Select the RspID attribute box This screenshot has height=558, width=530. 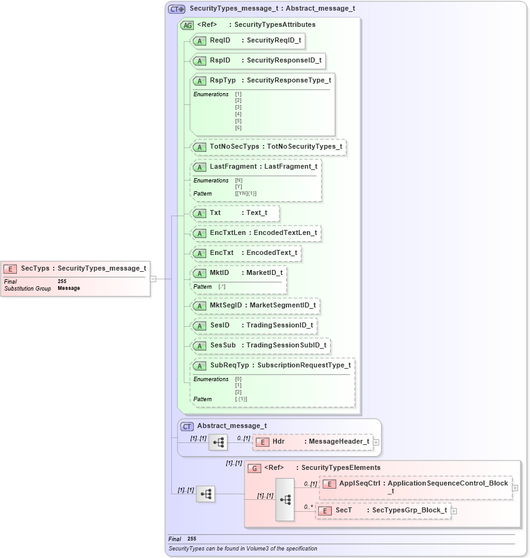pyautogui.click(x=258, y=61)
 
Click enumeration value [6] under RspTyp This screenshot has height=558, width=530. pyautogui.click(x=238, y=128)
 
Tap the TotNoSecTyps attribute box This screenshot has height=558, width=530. pyautogui.click(x=268, y=147)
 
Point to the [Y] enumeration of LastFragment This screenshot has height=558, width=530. pyautogui.click(x=238, y=187)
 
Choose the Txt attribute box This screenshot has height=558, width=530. pyautogui.click(x=234, y=213)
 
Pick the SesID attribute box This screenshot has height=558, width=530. pyautogui.click(x=253, y=326)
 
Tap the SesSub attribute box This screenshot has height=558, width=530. pyautogui.click(x=260, y=346)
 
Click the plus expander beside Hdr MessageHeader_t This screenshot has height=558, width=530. pyautogui.click(x=376, y=442)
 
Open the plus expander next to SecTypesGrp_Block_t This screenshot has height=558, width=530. pyautogui.click(x=454, y=511)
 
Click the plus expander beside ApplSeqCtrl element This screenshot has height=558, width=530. pyautogui.click(x=515, y=487)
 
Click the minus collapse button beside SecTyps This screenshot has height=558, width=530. pyautogui.click(x=153, y=279)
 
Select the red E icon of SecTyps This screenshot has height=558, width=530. pyautogui.click(x=10, y=269)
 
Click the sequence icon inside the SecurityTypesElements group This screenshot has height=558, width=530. pyautogui.click(x=285, y=500)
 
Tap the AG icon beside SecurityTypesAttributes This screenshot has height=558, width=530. pyautogui.click(x=187, y=26)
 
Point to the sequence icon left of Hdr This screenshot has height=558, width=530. pyautogui.click(x=218, y=442)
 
